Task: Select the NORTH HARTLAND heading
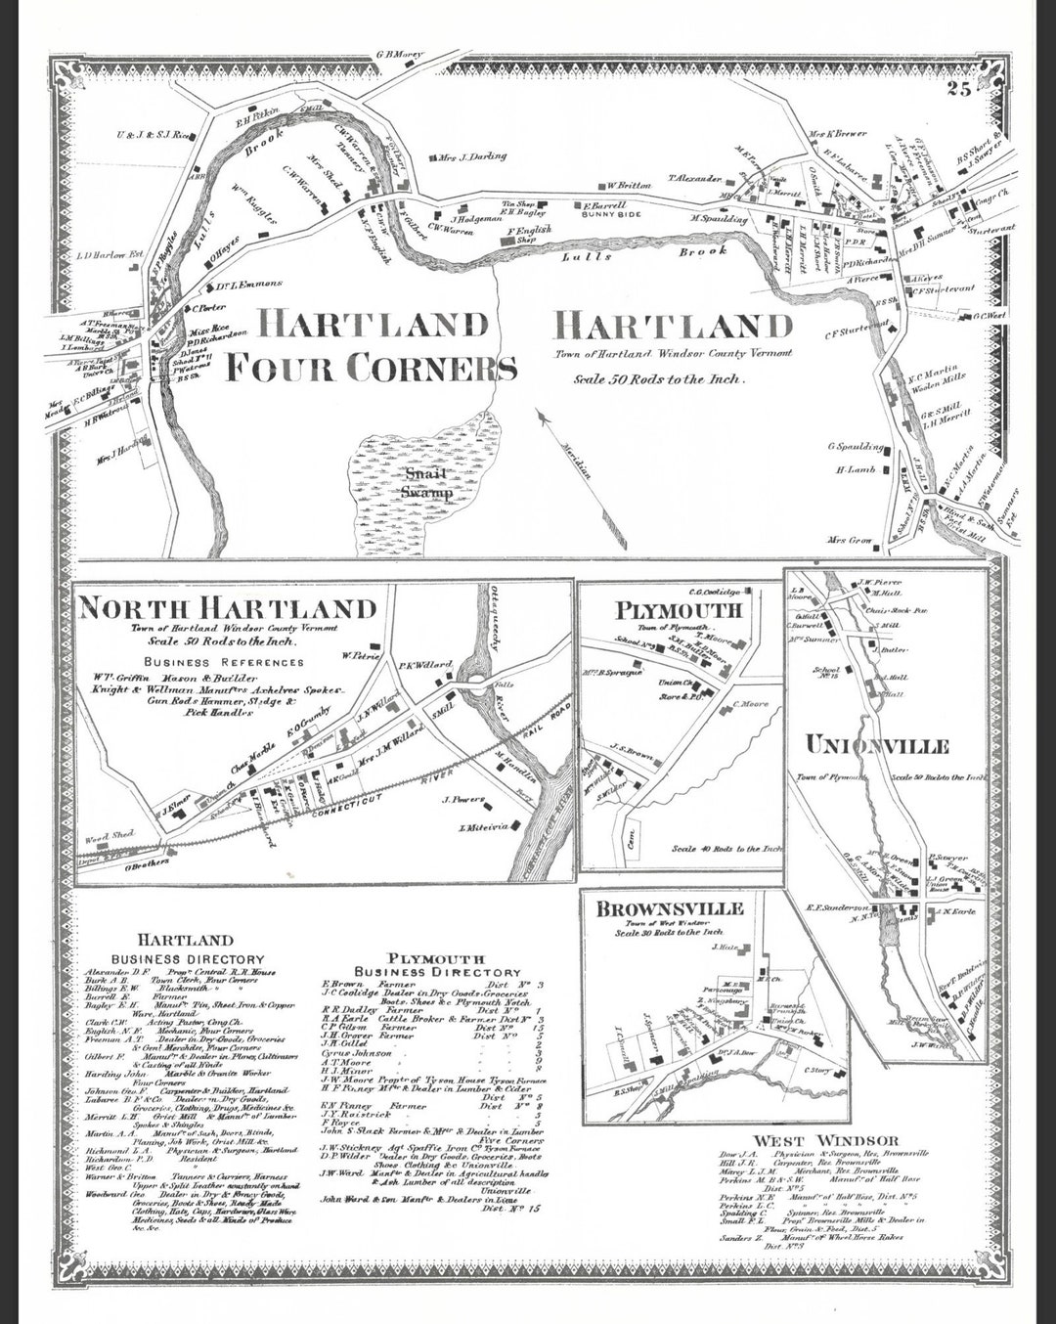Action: coord(227,607)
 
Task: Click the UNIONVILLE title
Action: coord(876,746)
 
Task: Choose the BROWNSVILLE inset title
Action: coord(669,908)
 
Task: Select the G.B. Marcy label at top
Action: coord(399,55)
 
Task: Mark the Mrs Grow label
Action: coord(849,540)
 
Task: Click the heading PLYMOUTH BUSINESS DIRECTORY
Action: coord(435,964)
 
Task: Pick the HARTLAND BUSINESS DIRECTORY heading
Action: coord(187,949)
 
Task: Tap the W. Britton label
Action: coord(628,185)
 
